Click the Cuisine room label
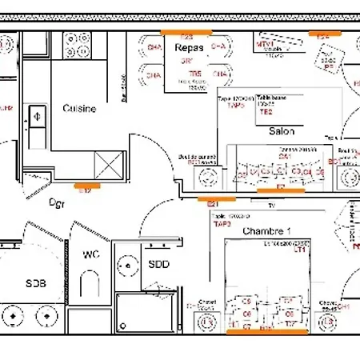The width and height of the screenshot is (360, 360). (80, 108)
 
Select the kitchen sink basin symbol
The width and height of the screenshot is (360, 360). (37, 117)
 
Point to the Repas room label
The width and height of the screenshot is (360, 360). (189, 47)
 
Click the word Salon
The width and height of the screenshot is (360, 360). (281, 131)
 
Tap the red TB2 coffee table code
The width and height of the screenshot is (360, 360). (266, 113)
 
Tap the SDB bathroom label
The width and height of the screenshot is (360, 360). (36, 282)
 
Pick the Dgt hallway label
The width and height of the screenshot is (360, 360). (57, 202)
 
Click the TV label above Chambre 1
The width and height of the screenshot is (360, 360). (271, 206)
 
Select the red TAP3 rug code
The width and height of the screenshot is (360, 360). (222, 224)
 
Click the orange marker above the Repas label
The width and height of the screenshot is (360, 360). (186, 31)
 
